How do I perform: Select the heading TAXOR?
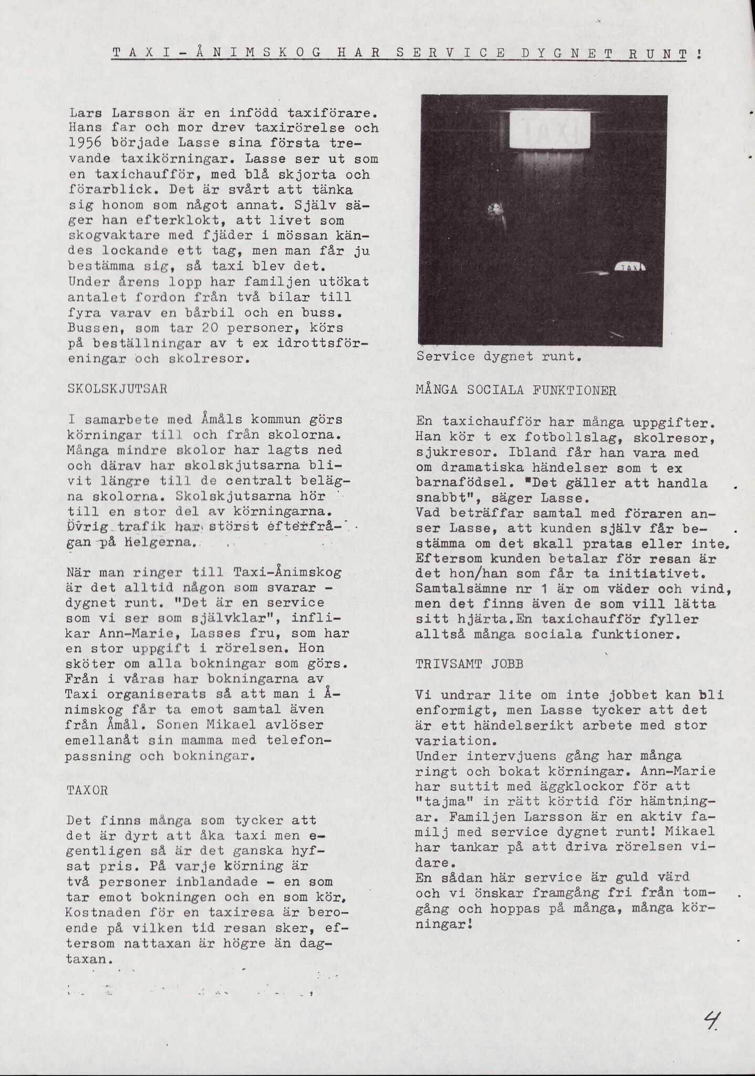pos(88,790)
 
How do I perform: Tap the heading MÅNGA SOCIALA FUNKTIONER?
pos(515,391)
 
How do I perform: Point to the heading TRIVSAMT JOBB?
pos(469,664)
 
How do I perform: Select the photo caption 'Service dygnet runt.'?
pos(499,357)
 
